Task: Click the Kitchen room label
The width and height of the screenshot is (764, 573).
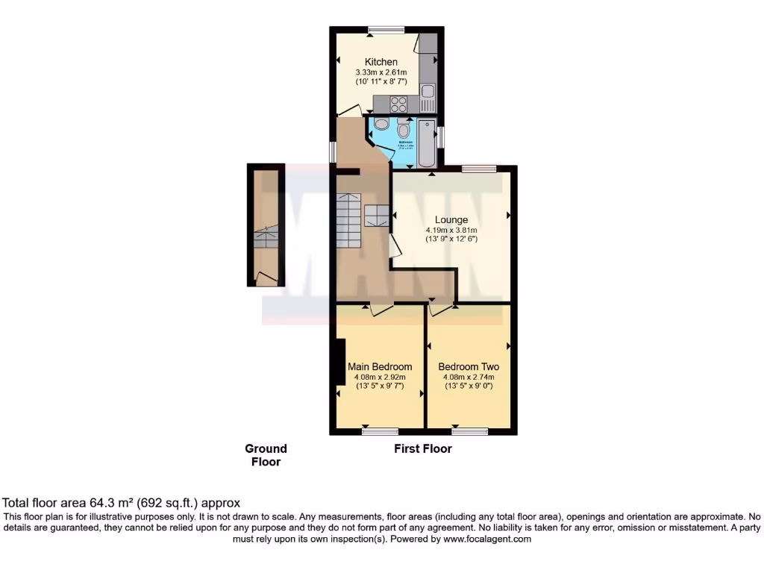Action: (381, 62)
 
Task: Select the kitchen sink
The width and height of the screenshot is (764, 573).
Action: (428, 93)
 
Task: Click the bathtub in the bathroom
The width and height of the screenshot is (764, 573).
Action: (426, 143)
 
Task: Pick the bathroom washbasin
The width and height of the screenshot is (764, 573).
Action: (381, 124)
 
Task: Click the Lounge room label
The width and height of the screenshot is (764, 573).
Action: (452, 220)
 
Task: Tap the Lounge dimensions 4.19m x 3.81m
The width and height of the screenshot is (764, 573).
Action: (451, 230)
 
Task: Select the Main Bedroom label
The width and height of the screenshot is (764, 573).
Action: (380, 367)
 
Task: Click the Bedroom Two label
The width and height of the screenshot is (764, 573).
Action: (469, 367)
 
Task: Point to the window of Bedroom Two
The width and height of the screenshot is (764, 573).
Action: (469, 431)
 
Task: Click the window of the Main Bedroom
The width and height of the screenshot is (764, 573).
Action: (381, 431)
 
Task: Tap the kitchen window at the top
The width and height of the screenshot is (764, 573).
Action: (386, 30)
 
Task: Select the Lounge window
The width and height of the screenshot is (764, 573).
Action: (479, 169)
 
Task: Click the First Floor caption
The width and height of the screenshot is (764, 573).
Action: (423, 449)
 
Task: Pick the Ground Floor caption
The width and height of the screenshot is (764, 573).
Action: (266, 455)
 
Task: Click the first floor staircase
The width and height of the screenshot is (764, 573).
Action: (348, 219)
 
